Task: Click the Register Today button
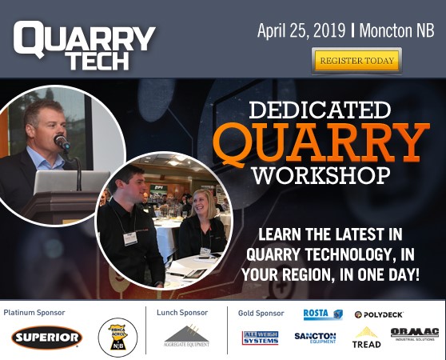tap(356, 60)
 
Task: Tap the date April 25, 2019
tap(301, 31)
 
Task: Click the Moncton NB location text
tap(397, 31)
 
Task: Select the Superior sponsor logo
tap(47, 338)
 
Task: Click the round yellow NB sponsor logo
tap(117, 337)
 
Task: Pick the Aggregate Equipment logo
tap(186, 336)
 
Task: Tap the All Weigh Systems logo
tap(261, 338)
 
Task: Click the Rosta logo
tap(323, 314)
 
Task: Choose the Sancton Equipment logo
tap(315, 338)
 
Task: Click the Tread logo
tap(367, 338)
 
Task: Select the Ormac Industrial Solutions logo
tap(414, 334)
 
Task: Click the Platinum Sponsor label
tap(34, 312)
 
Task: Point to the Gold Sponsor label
tap(261, 312)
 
